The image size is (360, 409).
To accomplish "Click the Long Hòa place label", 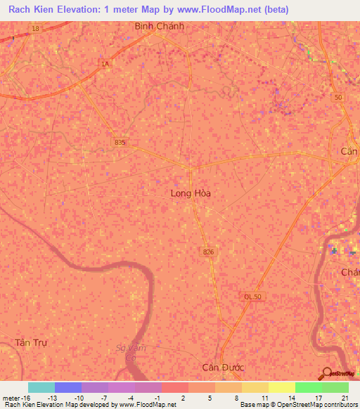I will point(191,193).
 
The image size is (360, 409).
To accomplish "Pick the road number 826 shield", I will point(207,251).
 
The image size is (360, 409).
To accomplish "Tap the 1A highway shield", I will point(105,64).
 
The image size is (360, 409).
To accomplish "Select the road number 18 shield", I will point(35,28).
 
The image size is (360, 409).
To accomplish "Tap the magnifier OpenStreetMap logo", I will point(325,373).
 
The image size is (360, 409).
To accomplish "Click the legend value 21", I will point(345,397).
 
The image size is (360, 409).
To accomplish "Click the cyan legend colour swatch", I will point(41,387).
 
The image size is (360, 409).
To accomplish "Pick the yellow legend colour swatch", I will point(281,387).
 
